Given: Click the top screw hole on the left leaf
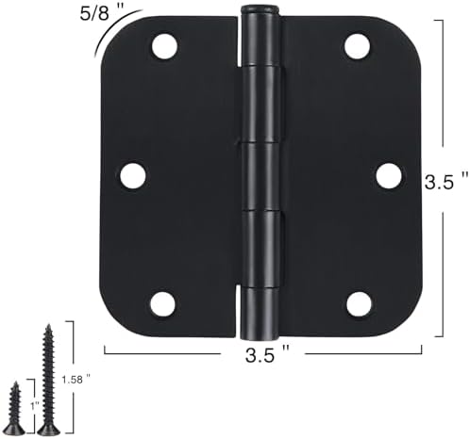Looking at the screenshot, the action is pos(164,46).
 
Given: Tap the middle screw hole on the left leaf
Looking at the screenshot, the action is pos(133,175).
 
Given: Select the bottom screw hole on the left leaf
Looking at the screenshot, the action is pos(162,304).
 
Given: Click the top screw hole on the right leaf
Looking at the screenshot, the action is pos(357,46).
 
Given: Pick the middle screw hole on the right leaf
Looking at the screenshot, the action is pos(389,175).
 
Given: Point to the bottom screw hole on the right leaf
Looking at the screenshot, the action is pos(359,304).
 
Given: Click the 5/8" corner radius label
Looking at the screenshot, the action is pos(99,14).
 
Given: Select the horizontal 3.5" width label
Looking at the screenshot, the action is pos(267,354).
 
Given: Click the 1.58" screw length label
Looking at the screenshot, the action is pos(76,380).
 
